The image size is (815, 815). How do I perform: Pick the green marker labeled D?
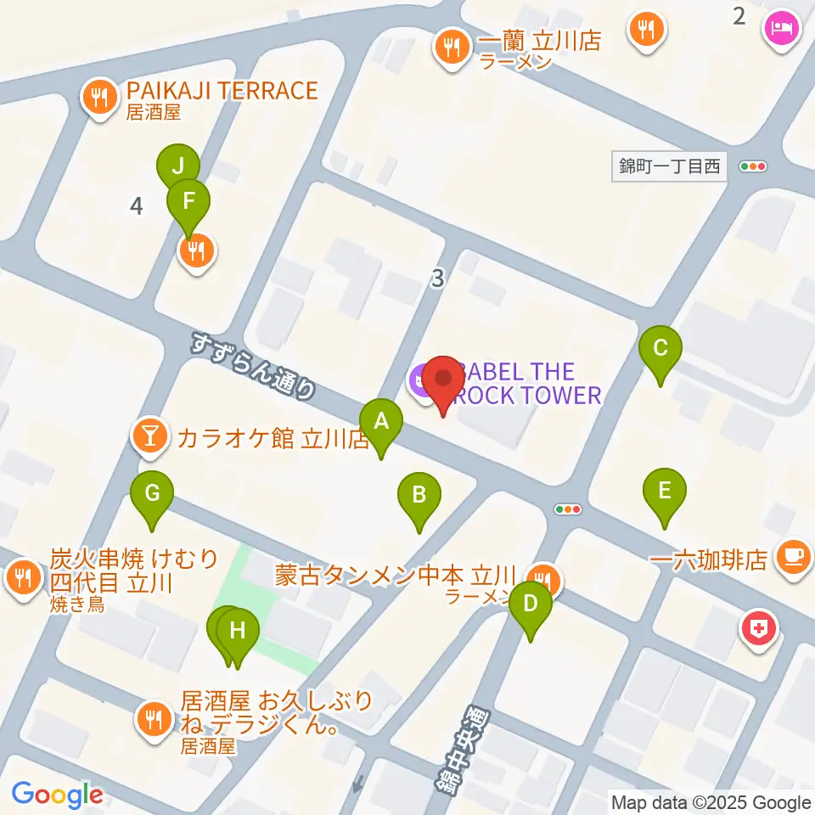click(x=531, y=604)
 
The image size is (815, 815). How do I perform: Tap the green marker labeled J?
click(x=178, y=167)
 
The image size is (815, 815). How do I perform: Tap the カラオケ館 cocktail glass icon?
click(x=150, y=436)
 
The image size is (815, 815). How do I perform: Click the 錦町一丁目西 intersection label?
click(x=670, y=166)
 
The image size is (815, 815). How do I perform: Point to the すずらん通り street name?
click(x=253, y=366)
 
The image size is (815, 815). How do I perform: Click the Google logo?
click(x=57, y=795)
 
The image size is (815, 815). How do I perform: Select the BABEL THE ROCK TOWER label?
click(x=526, y=383)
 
